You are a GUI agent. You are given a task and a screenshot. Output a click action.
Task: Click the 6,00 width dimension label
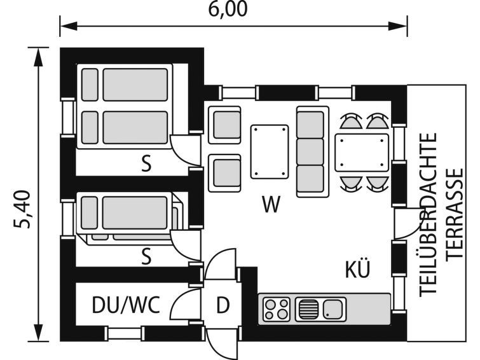(227, 9)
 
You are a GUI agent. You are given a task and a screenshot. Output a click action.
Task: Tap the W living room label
(271, 204)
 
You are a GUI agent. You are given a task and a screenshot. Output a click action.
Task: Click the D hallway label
(222, 306)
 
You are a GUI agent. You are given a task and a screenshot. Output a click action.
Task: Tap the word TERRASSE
(454, 213)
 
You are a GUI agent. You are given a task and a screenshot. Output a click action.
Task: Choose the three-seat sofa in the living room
(312, 151)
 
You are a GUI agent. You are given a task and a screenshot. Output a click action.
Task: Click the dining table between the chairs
(362, 151)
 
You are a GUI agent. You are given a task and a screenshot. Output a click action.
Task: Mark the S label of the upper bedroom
(147, 164)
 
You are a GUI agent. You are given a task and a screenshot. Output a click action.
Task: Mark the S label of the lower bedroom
(147, 256)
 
